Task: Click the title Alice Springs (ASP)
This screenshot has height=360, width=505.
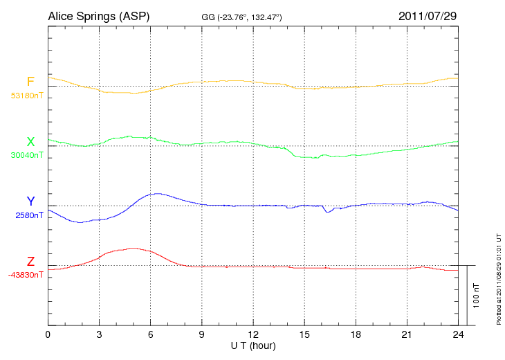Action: (x=98, y=15)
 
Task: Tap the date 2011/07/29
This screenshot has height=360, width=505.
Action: (x=428, y=15)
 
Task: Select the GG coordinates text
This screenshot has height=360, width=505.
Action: (x=240, y=16)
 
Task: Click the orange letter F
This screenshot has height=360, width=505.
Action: (x=30, y=82)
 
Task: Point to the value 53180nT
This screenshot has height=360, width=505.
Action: (x=27, y=96)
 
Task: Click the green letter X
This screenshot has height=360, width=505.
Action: (x=30, y=142)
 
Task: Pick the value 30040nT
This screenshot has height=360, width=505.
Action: (x=27, y=155)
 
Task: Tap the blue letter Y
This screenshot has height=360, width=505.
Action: (x=30, y=201)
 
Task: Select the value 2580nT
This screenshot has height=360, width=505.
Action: (x=30, y=215)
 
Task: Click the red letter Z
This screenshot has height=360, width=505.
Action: (x=30, y=262)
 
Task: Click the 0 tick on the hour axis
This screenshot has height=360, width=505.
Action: (x=48, y=334)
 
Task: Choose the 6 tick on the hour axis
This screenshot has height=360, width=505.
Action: (x=151, y=334)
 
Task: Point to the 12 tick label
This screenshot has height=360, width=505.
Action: (x=253, y=334)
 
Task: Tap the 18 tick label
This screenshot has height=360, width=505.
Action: (x=356, y=334)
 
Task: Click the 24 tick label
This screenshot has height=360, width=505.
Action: (x=458, y=334)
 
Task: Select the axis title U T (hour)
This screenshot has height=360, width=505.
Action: (x=253, y=345)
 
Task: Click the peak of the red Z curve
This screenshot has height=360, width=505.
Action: (x=131, y=248)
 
